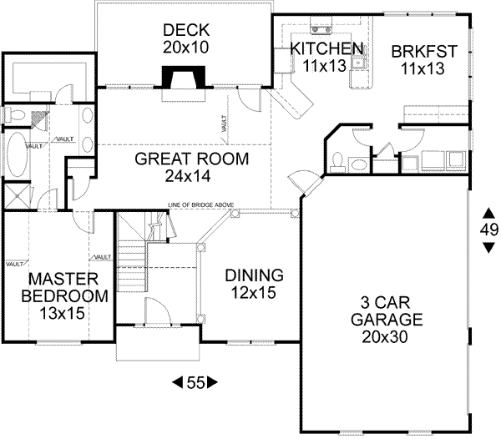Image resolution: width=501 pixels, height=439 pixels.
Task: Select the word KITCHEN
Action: pyautogui.click(x=326, y=48)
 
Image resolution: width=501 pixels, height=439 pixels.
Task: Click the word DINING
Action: pyautogui.click(x=256, y=275)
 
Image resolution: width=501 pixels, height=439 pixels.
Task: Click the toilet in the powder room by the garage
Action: pyautogui.click(x=337, y=159)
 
